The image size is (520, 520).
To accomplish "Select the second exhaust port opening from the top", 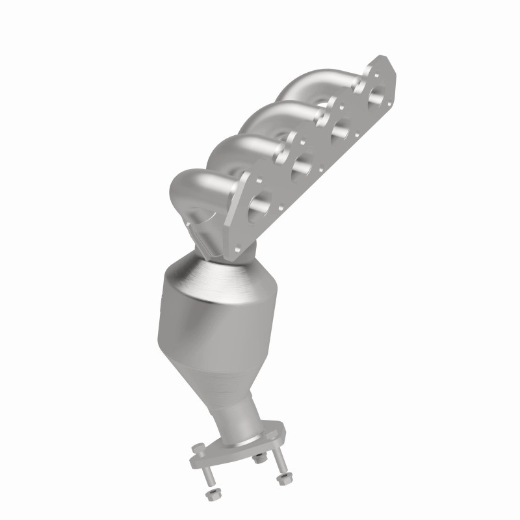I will click(338, 133).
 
